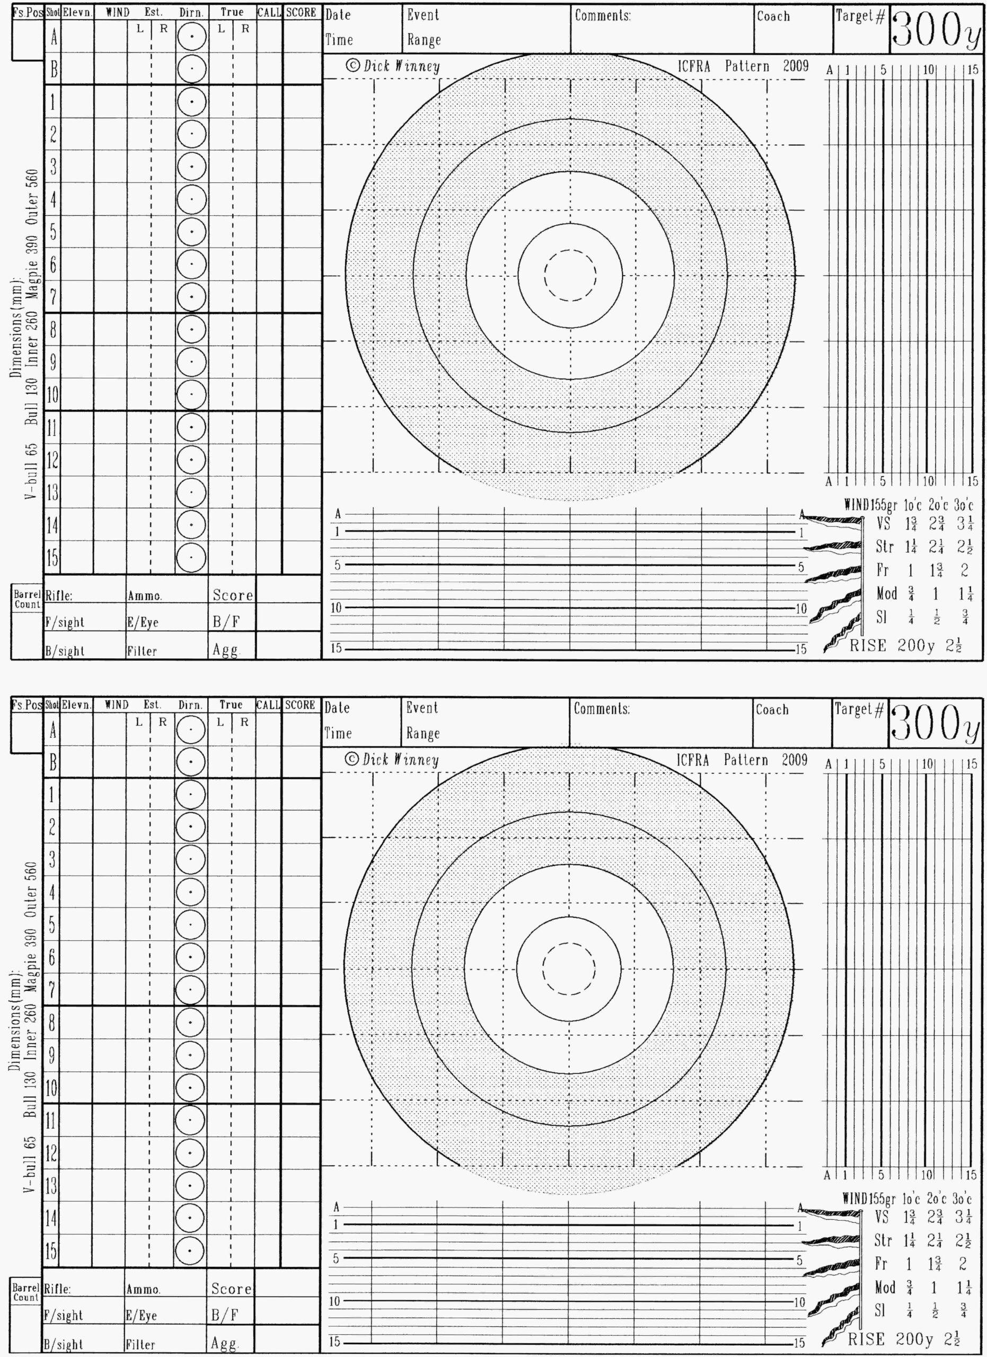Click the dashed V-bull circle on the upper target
click(x=570, y=275)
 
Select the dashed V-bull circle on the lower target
click(x=569, y=968)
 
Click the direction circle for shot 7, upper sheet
click(x=191, y=297)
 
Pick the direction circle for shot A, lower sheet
click(x=190, y=730)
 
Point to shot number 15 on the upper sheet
click(x=52, y=558)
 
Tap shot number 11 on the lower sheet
click(x=52, y=1120)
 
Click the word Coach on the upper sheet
click(x=773, y=16)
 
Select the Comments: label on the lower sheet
click(x=601, y=709)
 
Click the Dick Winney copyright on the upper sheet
click(x=393, y=66)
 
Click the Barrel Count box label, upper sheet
click(x=28, y=600)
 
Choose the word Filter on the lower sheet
click(x=141, y=1344)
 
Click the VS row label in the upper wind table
click(x=883, y=524)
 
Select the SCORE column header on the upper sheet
click(x=301, y=13)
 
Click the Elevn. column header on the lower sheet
click(x=76, y=705)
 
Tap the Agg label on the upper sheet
click(x=225, y=650)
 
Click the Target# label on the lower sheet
click(x=859, y=710)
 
